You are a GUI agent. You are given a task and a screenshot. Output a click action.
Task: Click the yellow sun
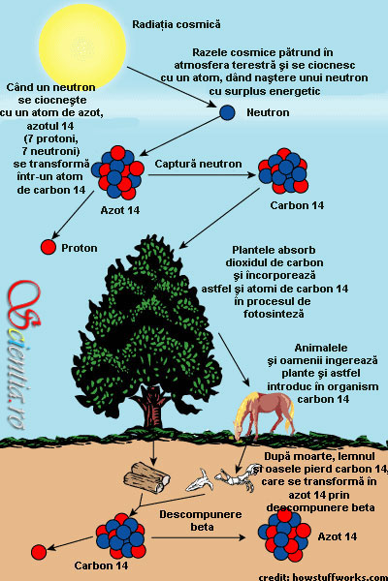[x=82, y=46]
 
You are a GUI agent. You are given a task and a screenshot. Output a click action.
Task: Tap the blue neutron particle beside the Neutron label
[x=227, y=112]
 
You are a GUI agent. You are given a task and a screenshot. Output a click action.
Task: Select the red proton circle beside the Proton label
[x=48, y=247]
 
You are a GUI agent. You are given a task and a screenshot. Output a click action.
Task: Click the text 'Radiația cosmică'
[x=177, y=24]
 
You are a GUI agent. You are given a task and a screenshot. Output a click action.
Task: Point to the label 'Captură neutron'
[x=198, y=164]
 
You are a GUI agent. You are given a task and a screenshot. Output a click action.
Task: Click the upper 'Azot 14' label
[x=120, y=210]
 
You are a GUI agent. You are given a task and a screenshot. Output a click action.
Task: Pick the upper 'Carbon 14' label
[x=297, y=205]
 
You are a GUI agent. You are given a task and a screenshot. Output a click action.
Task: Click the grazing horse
[x=264, y=413]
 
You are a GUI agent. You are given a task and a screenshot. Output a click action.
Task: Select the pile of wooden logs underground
[x=146, y=477]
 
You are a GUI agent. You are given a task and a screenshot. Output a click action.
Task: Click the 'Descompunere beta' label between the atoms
[x=201, y=520]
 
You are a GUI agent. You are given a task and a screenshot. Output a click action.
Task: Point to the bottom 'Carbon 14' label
[x=101, y=566]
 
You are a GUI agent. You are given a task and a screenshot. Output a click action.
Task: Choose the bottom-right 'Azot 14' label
[x=338, y=536]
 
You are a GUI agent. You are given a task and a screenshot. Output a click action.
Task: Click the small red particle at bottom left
[x=39, y=552]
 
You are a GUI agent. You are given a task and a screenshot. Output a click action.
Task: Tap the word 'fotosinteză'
[x=274, y=314]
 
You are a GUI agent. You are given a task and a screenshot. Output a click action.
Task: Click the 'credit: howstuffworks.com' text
[x=323, y=576]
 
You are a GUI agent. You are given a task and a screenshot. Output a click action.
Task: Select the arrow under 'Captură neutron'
[x=202, y=174]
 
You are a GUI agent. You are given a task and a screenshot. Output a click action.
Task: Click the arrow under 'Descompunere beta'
[x=199, y=537]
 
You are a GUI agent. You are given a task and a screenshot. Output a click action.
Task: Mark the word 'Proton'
[x=80, y=248]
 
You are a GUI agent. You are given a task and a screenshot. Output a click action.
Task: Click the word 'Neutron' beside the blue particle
[x=268, y=112]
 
